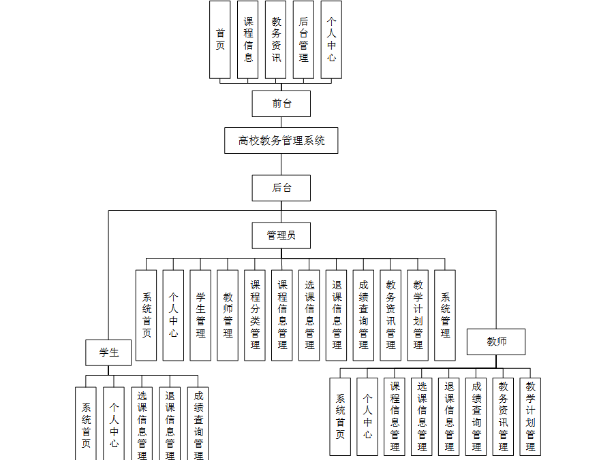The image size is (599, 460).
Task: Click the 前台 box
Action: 281,103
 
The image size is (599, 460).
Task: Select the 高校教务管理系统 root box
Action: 281,141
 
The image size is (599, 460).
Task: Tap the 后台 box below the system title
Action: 281,188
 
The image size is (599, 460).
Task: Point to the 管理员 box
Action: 281,235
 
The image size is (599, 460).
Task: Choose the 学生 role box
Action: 108,352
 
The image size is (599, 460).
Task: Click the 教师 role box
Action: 496,342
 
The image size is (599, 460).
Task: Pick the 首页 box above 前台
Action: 220,39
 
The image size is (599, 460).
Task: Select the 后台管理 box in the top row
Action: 303,39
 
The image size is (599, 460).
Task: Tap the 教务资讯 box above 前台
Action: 275,39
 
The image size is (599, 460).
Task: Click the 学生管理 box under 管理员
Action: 200,315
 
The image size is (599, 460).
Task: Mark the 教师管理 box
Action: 228,315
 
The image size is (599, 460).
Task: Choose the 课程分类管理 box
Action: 255,315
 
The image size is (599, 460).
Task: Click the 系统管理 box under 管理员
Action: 445,315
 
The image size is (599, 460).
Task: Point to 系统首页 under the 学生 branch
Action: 86,423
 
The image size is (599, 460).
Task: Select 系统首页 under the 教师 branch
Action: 340,416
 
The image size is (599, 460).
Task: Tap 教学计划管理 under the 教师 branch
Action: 530,416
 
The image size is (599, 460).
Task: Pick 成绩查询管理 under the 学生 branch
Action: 198,423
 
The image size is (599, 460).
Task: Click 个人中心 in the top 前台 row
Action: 331,39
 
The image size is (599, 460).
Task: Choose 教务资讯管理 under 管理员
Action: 390,315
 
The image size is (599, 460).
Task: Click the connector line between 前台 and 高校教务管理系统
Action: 281,122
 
